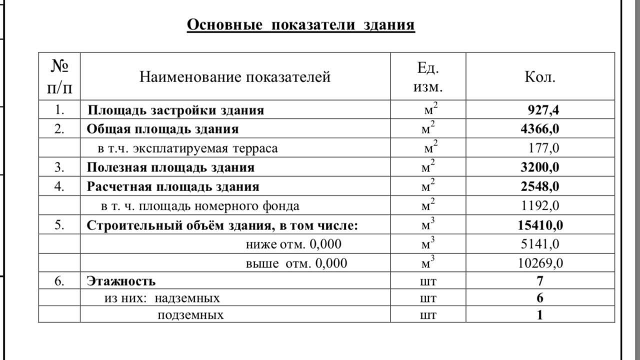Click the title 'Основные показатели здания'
pos(300,24)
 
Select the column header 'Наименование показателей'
pos(234,77)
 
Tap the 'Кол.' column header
pos(540,77)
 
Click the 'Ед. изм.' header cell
pos(428,77)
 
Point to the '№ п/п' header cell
pos(59,77)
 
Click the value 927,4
pos(543,110)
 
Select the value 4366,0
pos(540,129)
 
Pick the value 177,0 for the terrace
pos(544,148)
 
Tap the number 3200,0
pos(540,167)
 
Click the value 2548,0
pos(540,186)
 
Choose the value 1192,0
pos(540,205)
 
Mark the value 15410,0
pos(540,225)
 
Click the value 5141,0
pos(540,244)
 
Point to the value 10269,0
pos(540,263)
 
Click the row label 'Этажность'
pos(121,281)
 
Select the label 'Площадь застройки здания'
pos(175,110)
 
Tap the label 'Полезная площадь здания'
pos(170,167)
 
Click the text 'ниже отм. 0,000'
pos(293,244)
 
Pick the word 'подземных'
pos(190,315)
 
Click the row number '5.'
pos(59,225)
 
